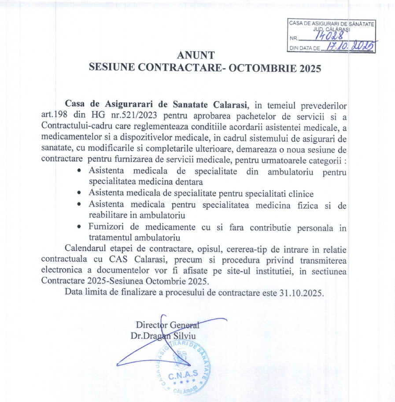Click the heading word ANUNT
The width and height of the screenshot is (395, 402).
(x=196, y=55)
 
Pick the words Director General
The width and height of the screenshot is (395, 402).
(x=168, y=325)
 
